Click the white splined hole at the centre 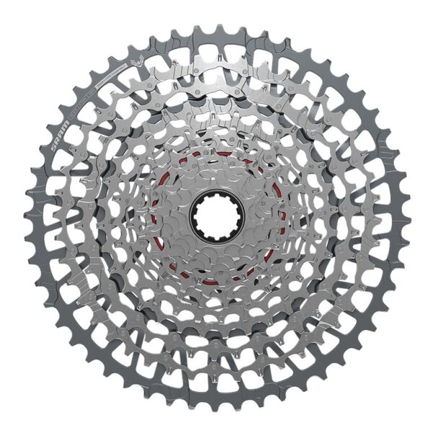216,214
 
